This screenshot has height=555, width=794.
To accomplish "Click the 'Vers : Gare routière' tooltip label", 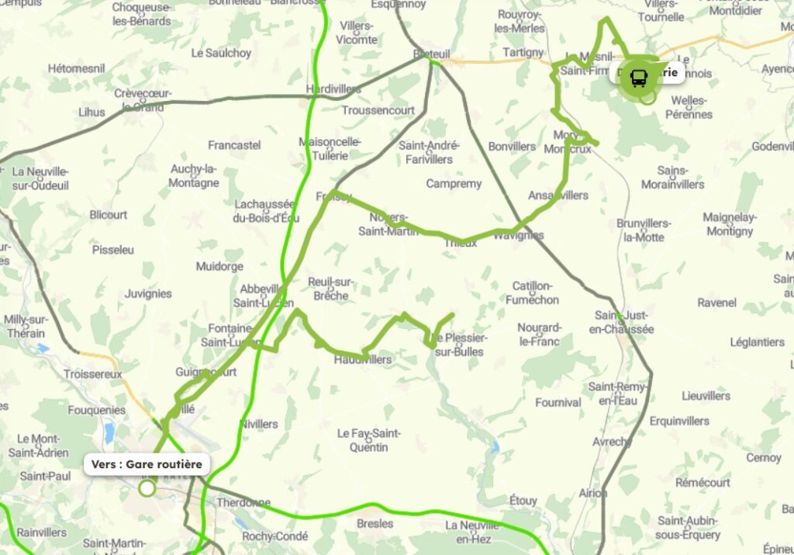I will (147, 464).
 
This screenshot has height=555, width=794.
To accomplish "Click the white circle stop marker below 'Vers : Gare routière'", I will (147, 488).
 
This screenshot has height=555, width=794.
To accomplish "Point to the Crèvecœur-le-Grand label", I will (143, 100).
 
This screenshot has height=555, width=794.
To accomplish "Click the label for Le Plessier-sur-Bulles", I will (461, 345).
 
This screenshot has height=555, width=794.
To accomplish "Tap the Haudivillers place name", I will (362, 359).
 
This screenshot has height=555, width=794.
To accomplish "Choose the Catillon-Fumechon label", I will (533, 293).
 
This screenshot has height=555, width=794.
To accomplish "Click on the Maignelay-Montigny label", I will (729, 224).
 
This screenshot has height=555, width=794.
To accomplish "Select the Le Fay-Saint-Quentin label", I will (368, 439).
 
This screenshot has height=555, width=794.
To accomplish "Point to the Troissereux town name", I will (93, 373).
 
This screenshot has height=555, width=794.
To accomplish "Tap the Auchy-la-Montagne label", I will (195, 176).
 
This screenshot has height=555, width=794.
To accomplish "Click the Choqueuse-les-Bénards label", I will (142, 14).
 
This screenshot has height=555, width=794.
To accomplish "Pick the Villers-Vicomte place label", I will (357, 33).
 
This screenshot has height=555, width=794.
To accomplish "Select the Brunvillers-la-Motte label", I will (644, 230).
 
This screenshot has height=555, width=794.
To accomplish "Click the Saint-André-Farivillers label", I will (429, 152).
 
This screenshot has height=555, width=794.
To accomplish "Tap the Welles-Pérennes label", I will (692, 107).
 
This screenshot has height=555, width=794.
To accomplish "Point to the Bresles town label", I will (375, 523).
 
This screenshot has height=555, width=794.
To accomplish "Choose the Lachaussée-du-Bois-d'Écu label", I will (266, 210).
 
